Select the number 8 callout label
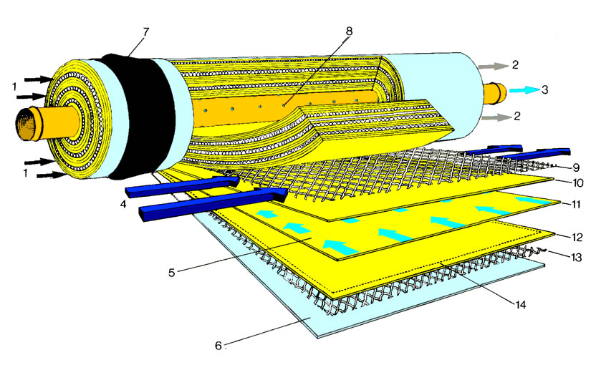(x=349, y=31)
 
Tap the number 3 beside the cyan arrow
(x=544, y=89)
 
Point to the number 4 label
(x=122, y=205)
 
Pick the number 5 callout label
(x=172, y=273)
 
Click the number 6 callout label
(x=218, y=345)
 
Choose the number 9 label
(x=576, y=167)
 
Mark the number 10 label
(x=577, y=183)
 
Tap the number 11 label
(x=576, y=205)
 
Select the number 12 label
(x=577, y=238)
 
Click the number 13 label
(x=576, y=258)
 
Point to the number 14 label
(x=520, y=304)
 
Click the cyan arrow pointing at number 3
(x=524, y=90)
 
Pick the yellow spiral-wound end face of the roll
(x=73, y=118)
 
